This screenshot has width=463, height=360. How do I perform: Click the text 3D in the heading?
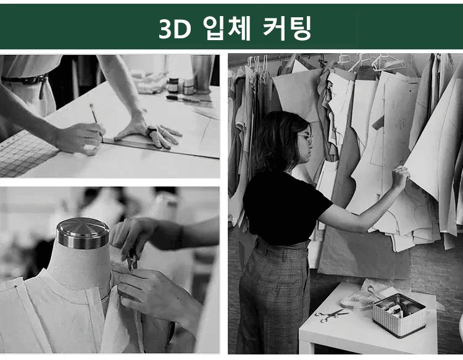175,29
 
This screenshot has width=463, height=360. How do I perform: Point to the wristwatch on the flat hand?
151,130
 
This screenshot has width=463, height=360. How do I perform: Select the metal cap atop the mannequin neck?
83,233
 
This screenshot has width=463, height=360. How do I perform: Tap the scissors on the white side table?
331,315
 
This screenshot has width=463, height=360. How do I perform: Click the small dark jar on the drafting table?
173,85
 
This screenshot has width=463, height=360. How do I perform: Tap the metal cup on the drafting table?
203,75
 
